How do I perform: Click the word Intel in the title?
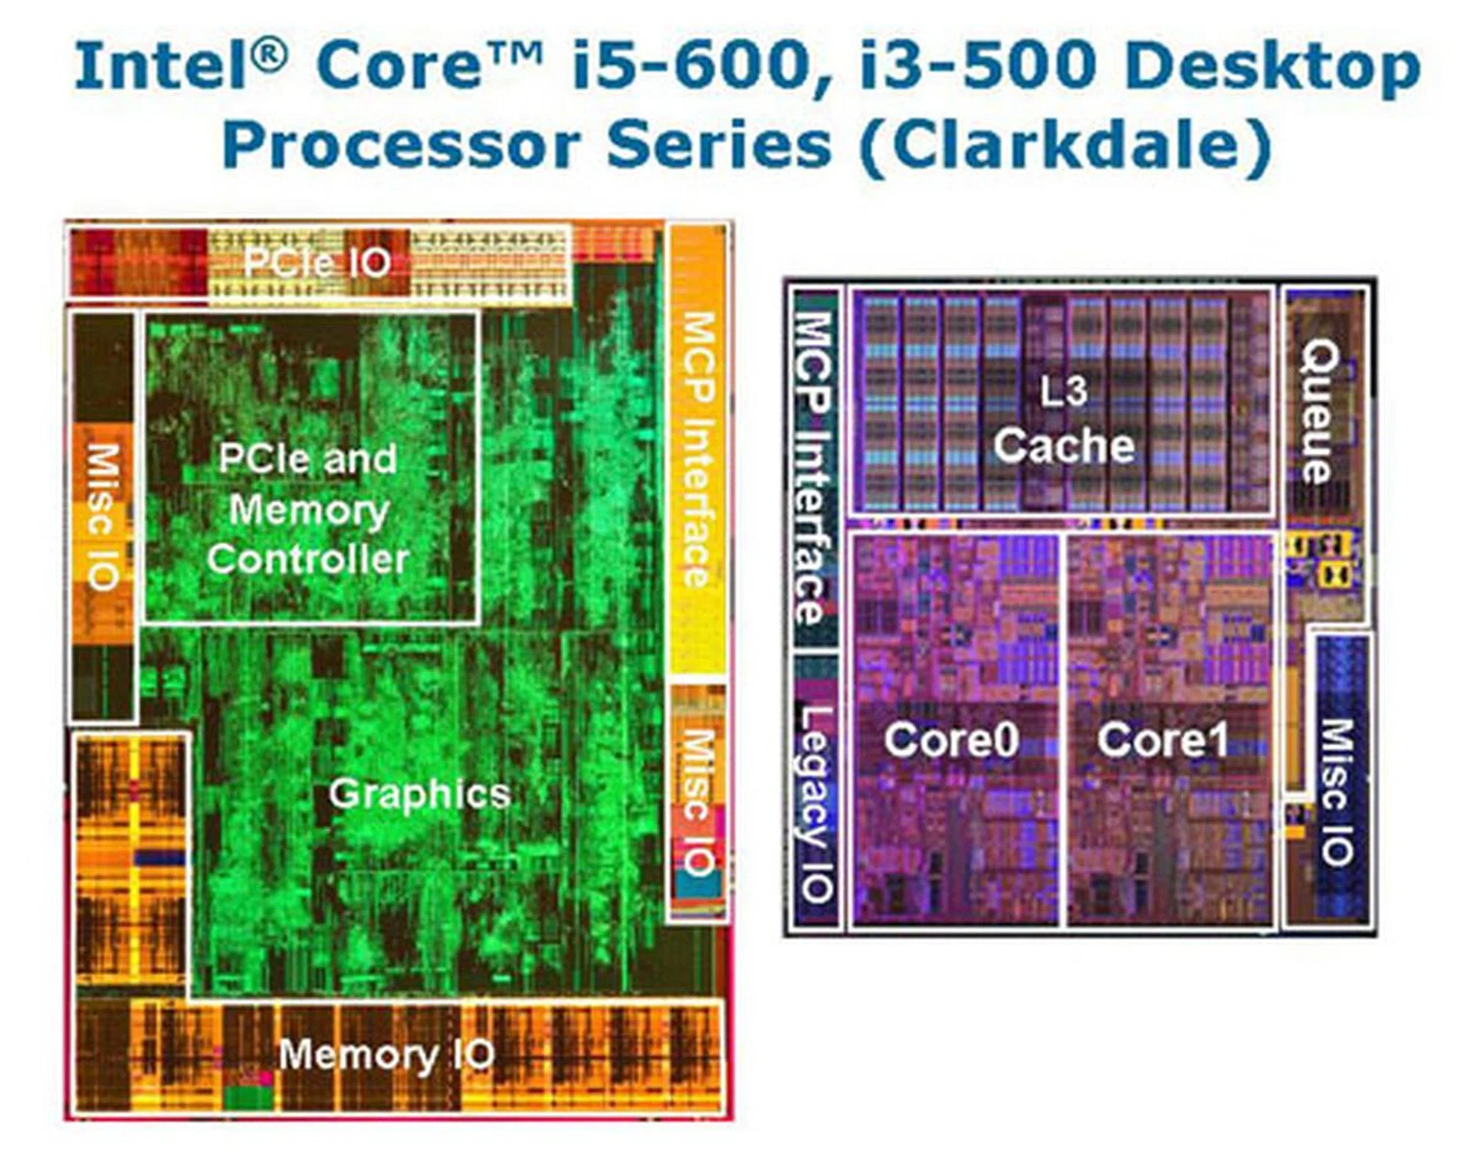(171, 66)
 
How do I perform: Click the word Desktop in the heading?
(1272, 68)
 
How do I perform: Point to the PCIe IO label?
(317, 264)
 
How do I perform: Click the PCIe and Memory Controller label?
(307, 509)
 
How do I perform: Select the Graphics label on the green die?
(419, 794)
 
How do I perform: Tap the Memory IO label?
(386, 1055)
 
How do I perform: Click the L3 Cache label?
(1064, 420)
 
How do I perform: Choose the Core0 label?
(951, 740)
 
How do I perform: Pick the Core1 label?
(1162, 740)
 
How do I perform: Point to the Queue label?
(1320, 412)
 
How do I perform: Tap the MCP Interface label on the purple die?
(813, 466)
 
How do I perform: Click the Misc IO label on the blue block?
(1338, 791)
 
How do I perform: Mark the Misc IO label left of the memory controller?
(104, 516)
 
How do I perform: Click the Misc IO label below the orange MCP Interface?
(698, 803)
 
